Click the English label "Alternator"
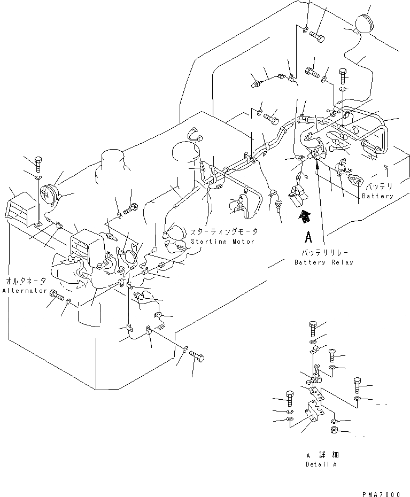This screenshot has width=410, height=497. [24, 290]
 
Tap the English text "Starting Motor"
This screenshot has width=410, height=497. [222, 242]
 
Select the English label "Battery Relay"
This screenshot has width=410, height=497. [324, 262]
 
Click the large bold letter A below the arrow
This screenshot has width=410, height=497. [307, 236]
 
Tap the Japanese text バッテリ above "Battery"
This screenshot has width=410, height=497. [379, 188]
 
